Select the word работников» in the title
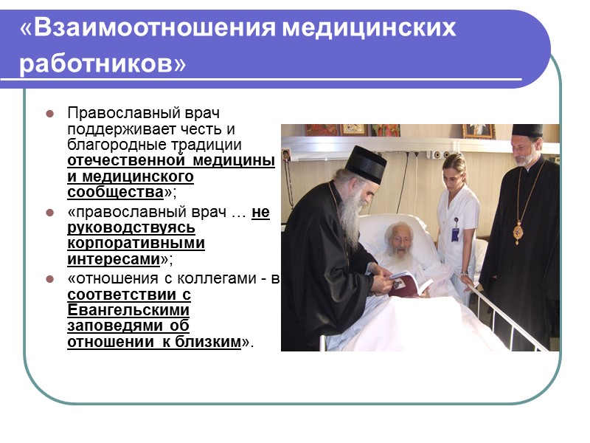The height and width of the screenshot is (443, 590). coord(103,64)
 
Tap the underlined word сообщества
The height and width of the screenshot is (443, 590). coord(114,192)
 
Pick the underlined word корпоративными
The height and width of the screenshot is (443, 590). coord(136,244)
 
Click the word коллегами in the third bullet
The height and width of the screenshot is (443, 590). coord(222,278)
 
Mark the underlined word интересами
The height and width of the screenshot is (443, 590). coord(114,259)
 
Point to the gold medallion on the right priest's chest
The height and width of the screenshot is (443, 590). coord(518,233)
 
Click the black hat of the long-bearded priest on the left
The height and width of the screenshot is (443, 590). coord(367,163)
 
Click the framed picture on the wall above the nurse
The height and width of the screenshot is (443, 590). coord(477,131)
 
